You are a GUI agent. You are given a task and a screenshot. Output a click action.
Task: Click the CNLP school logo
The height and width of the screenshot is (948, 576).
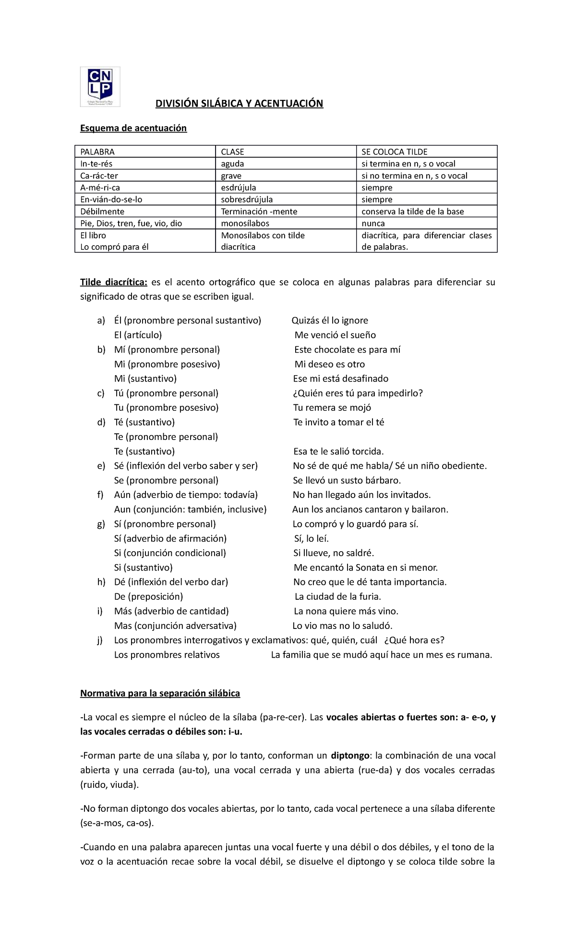[100, 87]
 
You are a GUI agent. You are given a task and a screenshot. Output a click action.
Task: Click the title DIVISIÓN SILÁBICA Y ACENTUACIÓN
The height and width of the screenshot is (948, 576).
[239, 104]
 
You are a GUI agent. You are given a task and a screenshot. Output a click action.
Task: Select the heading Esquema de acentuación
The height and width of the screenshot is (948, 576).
[133, 128]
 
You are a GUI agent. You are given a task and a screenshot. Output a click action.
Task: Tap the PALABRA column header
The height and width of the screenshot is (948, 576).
[97, 152]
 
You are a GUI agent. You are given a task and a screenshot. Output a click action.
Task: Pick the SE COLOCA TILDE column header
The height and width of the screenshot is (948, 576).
[394, 152]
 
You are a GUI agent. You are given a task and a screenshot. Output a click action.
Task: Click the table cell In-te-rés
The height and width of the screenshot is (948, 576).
[96, 164]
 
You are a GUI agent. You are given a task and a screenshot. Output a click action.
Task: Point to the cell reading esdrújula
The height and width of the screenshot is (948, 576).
[239, 188]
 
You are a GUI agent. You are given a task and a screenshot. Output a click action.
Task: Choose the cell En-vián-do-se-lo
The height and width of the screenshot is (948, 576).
[111, 200]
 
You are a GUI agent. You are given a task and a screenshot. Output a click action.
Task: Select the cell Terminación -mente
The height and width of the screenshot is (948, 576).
[259, 212]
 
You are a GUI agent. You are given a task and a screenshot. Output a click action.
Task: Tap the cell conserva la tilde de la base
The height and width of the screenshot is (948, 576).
[412, 212]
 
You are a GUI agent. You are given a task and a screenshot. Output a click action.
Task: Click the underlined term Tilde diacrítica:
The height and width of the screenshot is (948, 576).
[114, 282]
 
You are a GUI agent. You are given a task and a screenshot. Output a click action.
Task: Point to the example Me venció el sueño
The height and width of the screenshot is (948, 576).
[335, 335]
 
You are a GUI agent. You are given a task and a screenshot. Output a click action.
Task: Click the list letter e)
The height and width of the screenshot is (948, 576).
[101, 466]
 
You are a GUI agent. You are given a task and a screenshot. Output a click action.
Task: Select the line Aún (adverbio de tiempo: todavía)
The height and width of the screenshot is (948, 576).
[186, 495]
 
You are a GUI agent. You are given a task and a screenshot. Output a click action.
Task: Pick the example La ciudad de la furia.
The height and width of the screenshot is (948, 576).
[337, 597]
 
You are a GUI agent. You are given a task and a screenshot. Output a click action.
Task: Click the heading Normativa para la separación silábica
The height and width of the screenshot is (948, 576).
[160, 693]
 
